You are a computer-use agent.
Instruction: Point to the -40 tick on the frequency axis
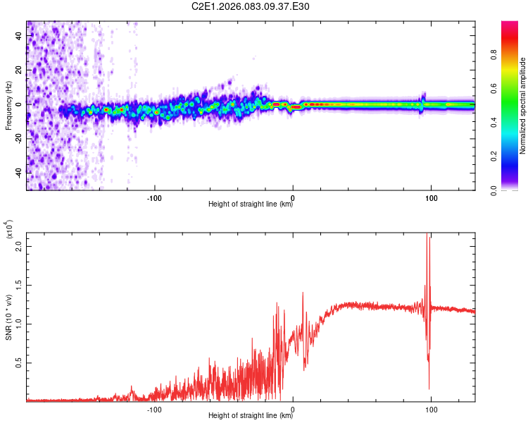pos(19,172)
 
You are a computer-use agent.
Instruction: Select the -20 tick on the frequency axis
pos(19,138)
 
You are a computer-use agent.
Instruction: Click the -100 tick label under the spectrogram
pos(154,197)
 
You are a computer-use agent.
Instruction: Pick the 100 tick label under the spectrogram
pos(431,197)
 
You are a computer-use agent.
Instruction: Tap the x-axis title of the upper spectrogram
pos(251,204)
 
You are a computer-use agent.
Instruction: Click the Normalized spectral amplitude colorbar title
pos(523,106)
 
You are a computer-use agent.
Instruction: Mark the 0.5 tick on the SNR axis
pos(19,362)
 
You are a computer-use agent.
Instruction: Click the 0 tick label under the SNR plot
pos(293,407)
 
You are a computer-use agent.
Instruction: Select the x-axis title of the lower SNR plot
pos(251,415)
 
